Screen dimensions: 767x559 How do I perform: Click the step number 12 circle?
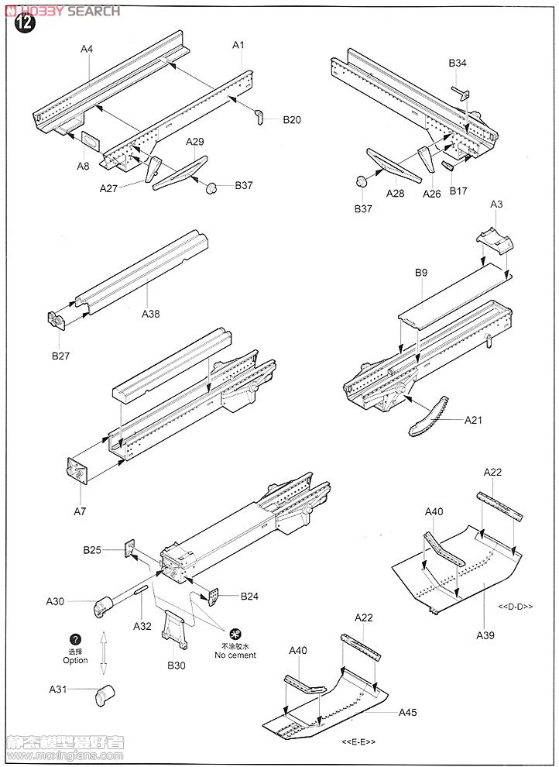25,23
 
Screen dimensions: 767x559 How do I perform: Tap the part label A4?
87,49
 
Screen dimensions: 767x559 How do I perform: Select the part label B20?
292,120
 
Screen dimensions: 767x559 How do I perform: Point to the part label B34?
458,64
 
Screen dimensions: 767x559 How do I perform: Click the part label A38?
151,314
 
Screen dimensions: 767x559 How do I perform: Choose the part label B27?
61,356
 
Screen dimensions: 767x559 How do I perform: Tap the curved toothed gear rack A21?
431,416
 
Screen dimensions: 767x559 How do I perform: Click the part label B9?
421,273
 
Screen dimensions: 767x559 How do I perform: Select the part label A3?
497,205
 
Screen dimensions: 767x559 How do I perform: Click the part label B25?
93,550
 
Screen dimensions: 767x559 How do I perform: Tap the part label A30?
56,601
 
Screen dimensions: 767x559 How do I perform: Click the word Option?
76,660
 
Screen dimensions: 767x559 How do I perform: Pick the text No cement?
235,655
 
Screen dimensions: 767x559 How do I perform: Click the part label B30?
177,665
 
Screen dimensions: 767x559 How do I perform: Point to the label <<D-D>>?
516,607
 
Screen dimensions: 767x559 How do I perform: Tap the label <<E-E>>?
358,742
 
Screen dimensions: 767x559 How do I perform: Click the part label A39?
485,635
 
